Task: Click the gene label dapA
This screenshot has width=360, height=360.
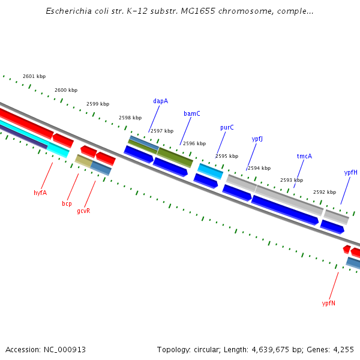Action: [x=160, y=101]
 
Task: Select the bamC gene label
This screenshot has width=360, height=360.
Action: [x=192, y=113]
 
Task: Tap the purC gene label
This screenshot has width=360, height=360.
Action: [x=227, y=127]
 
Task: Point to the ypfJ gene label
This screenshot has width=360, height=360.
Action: [x=257, y=139]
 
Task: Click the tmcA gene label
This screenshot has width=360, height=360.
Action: [x=304, y=156]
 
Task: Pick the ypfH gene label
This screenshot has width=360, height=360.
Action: [x=350, y=172]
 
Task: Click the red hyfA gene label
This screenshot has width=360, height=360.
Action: [x=40, y=193]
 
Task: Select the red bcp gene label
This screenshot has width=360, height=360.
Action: [x=67, y=203]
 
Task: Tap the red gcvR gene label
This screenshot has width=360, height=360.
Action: [x=83, y=211]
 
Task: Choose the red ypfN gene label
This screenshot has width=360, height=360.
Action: [x=328, y=303]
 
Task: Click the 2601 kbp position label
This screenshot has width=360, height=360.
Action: [x=34, y=76]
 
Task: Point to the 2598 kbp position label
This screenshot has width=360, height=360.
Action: [x=130, y=118]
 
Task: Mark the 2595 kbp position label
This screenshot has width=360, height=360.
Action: [x=227, y=156]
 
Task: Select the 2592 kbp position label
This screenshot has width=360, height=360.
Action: [x=325, y=192]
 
